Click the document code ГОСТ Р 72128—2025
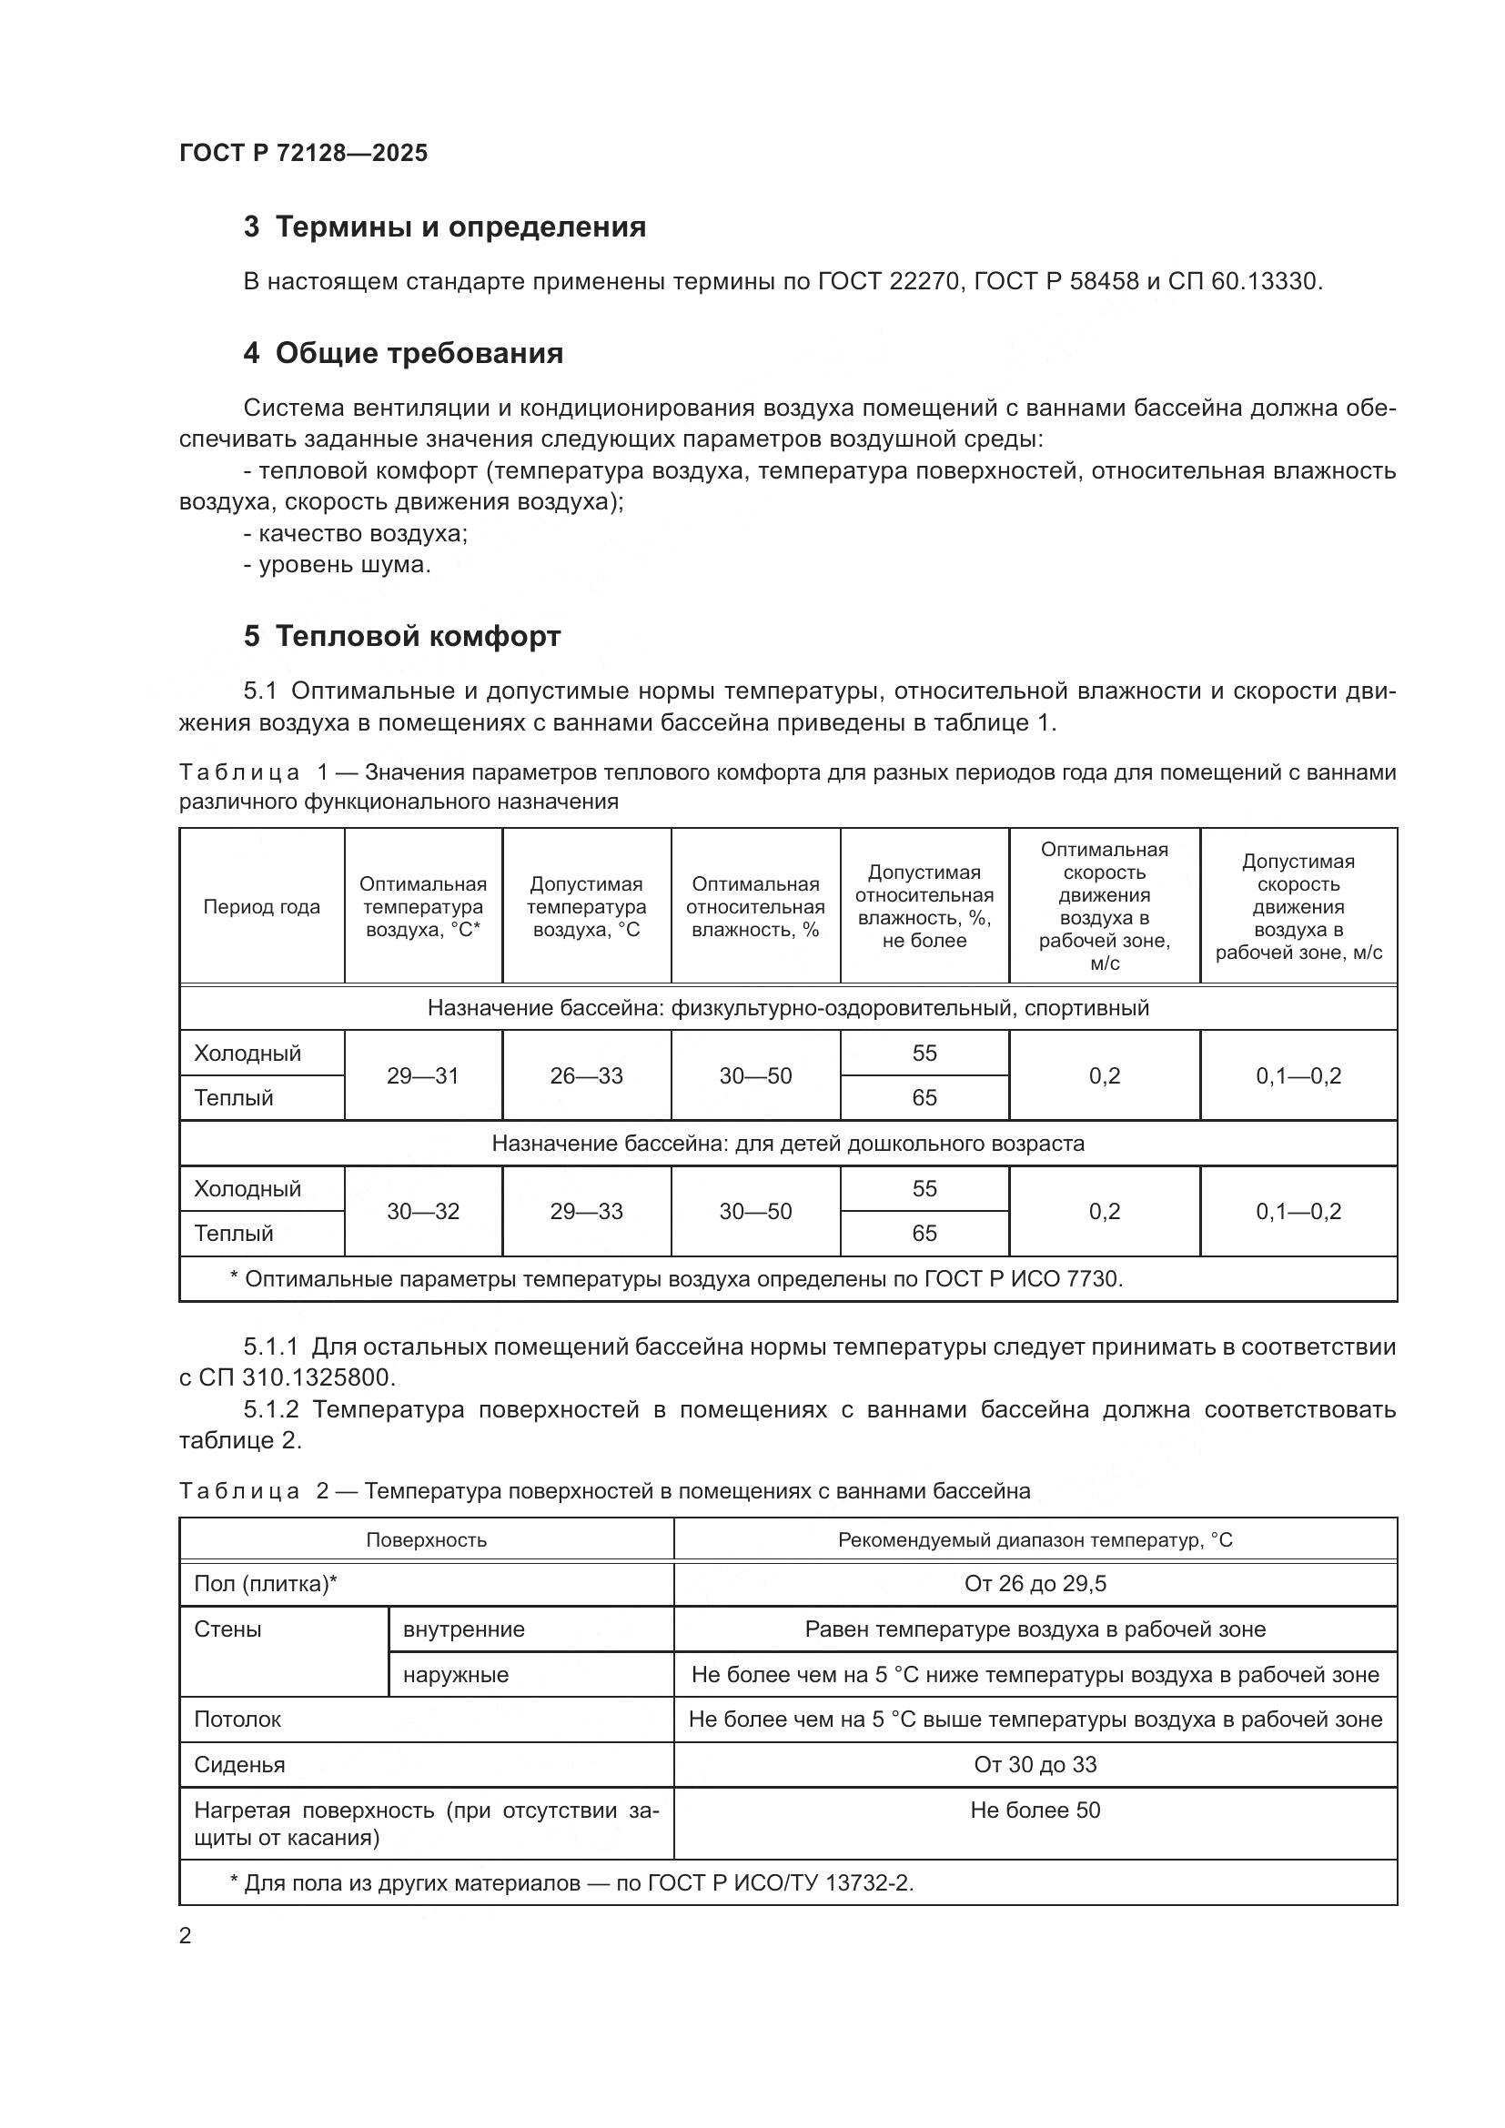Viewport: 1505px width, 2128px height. pos(303,153)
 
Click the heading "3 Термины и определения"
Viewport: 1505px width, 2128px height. pos(444,227)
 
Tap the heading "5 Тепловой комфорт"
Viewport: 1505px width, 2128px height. pos(401,637)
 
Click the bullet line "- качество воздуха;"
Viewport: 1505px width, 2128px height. pos(355,534)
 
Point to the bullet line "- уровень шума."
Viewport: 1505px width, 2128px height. pos(338,564)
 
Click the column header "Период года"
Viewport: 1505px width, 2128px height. pos(261,907)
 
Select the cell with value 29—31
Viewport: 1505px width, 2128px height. pos(422,1076)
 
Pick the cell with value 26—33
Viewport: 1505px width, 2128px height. pos(586,1076)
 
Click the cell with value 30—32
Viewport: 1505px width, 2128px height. pos(422,1211)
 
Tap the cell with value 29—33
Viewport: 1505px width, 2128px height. pos(586,1211)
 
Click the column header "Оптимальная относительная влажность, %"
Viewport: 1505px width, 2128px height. pos(755,907)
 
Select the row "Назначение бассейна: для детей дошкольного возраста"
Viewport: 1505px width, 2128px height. pos(788,1144)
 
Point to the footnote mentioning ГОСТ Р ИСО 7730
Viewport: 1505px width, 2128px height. pos(675,1279)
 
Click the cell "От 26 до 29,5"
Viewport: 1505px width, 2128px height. pos(1035,1584)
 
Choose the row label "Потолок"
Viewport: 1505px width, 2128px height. pos(237,1720)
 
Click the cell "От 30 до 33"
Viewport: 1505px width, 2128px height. pos(1035,1765)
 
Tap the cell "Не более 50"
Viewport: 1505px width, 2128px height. pos(1035,1810)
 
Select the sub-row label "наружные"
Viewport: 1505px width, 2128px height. pos(456,1675)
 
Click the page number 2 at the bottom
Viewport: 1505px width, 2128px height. pos(186,1936)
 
